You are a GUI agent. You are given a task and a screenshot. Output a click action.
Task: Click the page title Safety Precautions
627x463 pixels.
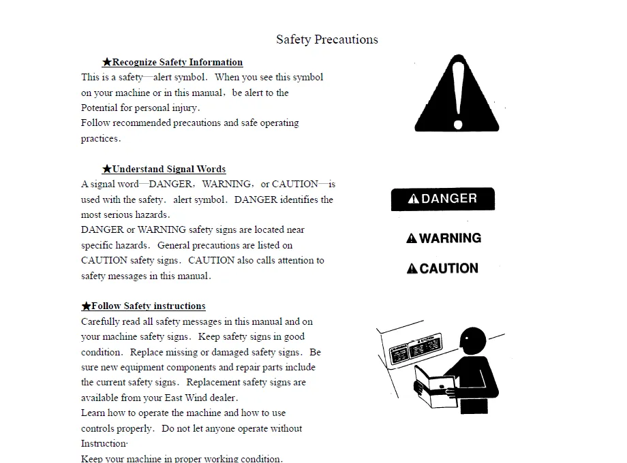tap(326, 39)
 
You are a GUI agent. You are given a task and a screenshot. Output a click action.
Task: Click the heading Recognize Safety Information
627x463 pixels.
tap(177, 62)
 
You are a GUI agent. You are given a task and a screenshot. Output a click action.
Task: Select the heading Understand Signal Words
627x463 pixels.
tap(168, 169)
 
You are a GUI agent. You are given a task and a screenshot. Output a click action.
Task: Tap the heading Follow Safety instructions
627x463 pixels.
tap(148, 306)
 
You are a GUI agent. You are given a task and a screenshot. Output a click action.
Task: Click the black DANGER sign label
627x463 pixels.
tap(442, 199)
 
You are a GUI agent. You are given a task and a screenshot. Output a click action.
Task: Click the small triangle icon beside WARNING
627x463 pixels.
tap(412, 239)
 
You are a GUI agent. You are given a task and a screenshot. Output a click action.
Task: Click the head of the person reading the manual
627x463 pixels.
tap(472, 338)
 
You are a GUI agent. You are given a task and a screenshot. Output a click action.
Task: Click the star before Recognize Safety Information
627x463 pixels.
tap(107, 62)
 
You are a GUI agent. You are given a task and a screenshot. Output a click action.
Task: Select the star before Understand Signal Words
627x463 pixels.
tap(107, 169)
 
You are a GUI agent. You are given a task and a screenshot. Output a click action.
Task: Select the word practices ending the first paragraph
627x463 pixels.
tap(100, 138)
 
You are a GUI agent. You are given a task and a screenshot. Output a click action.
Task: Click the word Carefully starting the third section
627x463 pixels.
tap(100, 321)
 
